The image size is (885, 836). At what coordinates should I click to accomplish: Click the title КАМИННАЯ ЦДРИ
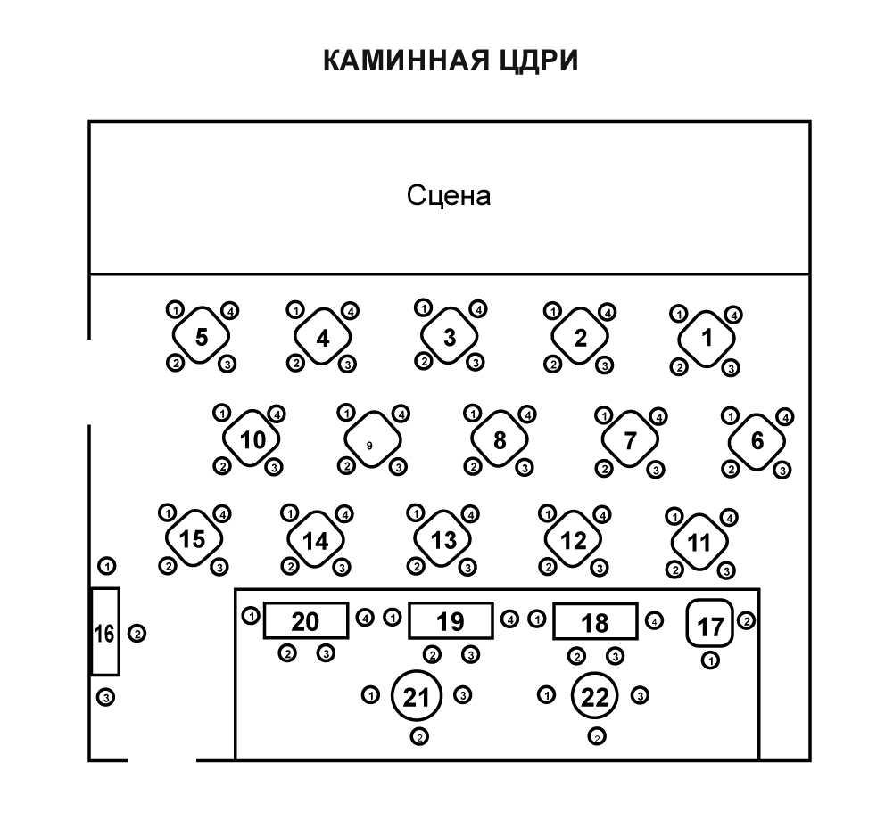pos(450,61)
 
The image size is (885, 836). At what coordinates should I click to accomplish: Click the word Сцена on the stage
pos(449,195)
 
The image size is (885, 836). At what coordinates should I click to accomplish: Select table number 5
pos(202,337)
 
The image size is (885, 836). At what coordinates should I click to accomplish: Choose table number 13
pos(443,540)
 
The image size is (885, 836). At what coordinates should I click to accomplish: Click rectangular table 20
pos(305,621)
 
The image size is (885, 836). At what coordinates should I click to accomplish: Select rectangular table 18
pos(595,622)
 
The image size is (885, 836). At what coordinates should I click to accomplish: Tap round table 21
pos(417,698)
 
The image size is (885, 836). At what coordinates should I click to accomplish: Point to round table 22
pos(596,698)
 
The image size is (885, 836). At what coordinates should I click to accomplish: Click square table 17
pos(710,626)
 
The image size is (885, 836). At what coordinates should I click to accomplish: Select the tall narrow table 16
pos(104,633)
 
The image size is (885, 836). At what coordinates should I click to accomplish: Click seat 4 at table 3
pos(477,309)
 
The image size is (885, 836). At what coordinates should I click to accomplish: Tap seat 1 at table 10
pos(222,414)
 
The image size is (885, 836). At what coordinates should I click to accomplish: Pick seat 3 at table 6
pos(782,470)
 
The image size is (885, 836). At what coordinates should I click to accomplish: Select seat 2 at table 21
pos(419,736)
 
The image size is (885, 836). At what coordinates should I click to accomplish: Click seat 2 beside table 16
pos(137,634)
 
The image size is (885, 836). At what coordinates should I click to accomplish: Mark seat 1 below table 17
pos(710,660)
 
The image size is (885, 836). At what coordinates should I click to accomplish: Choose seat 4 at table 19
pos(509,619)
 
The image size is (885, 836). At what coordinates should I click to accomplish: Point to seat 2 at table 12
pos(548,566)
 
